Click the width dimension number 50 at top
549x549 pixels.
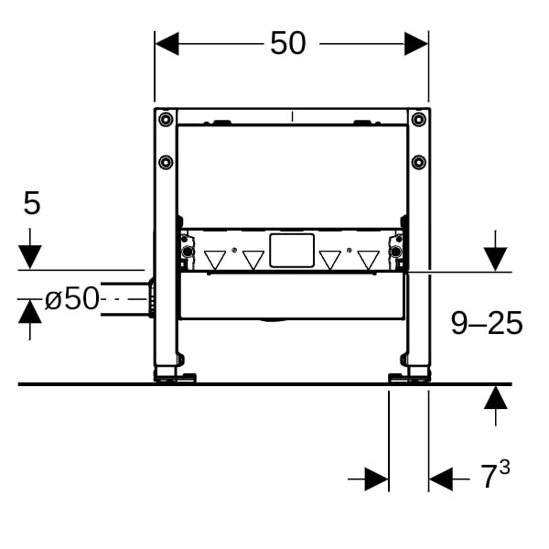point(288,43)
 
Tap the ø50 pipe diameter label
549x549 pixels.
point(71,298)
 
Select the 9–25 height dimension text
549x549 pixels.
point(487,323)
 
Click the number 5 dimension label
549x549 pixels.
point(32,203)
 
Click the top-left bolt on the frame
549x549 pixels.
point(166,119)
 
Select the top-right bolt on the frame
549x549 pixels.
point(418,119)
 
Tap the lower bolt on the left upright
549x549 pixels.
point(166,162)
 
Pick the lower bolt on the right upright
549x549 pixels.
point(418,162)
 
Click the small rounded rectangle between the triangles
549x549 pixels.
point(292,251)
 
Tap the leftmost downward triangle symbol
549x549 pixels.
point(215,260)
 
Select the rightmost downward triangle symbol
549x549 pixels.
point(369,260)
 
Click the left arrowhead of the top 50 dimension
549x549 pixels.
point(167,44)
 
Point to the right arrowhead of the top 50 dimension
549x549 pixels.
point(416,44)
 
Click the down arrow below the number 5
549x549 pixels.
point(30,249)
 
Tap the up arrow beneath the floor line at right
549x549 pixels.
point(495,405)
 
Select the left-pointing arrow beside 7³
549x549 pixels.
point(449,479)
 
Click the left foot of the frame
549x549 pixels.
point(175,374)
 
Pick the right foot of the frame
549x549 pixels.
point(409,374)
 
